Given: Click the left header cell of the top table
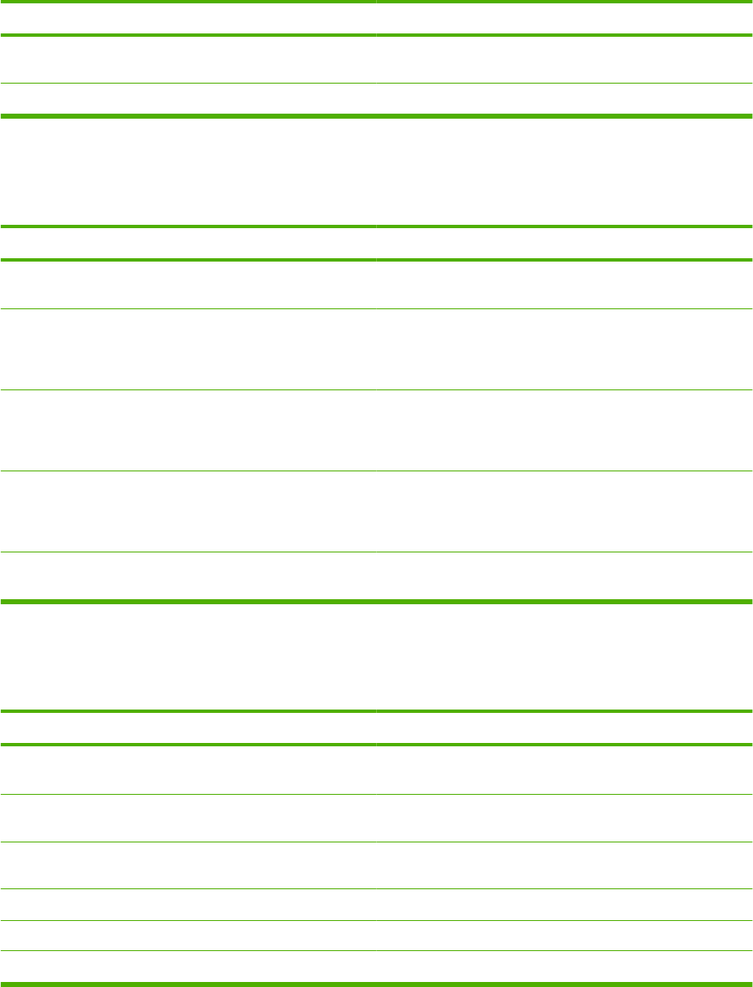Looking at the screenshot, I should (188, 18).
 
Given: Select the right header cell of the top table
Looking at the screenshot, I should (564, 18).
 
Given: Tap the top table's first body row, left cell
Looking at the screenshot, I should (188, 59).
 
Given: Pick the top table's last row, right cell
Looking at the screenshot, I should (564, 99).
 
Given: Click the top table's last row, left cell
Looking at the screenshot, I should (188, 99).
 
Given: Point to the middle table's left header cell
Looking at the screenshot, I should (188, 243).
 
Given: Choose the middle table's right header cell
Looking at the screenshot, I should (564, 243).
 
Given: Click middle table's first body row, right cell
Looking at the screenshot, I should (564, 285).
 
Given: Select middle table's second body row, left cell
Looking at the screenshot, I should (188, 349).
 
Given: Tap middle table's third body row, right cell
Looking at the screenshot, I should (564, 430).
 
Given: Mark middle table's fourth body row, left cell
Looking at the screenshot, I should (188, 511).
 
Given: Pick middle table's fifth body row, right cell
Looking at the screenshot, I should (564, 576).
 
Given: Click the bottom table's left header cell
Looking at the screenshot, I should (188, 728).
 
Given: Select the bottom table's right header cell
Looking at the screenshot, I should (564, 728).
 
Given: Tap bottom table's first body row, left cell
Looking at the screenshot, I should (188, 770).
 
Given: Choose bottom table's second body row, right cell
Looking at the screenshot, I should (564, 817).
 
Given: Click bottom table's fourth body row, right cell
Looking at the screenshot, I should (564, 904).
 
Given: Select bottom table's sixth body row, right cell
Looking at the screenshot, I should (564, 966).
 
